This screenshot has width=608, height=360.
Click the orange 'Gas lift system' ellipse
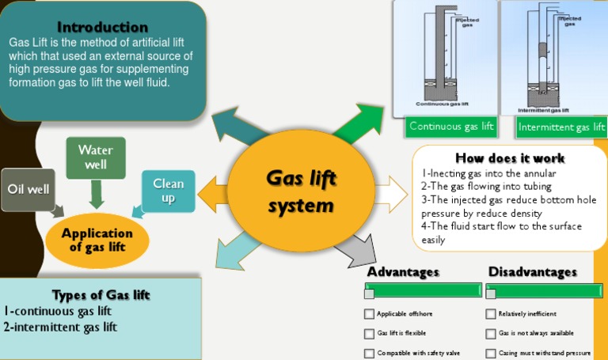tap(300, 192)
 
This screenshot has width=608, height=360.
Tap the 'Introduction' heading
tap(102, 27)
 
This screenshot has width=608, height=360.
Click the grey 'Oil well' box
tap(28, 189)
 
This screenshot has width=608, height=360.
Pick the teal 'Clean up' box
tap(168, 191)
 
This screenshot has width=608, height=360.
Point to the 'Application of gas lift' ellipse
tap(97, 239)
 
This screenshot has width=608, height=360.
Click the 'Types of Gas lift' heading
tap(101, 295)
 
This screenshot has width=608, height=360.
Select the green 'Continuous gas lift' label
tap(451, 127)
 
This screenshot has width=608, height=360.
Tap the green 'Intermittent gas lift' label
tap(561, 127)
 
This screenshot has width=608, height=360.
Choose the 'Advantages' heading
tap(403, 272)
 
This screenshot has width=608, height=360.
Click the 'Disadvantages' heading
tap(532, 272)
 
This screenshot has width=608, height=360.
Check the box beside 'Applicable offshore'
tap(369, 314)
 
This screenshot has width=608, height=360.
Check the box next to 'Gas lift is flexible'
tap(369, 334)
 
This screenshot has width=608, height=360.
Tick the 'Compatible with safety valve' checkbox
tap(369, 354)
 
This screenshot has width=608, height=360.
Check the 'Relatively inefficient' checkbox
tap(491, 314)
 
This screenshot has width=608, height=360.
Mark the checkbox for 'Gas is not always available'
tap(491, 334)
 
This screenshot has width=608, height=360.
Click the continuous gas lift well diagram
tap(444, 57)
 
